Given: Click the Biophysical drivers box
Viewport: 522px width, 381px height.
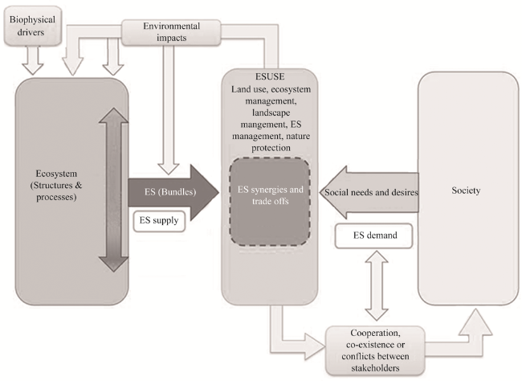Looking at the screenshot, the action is [x=33, y=26].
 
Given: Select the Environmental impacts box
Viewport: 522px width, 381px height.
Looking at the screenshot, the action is [x=171, y=32].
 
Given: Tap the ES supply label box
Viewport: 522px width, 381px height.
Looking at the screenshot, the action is [x=159, y=221].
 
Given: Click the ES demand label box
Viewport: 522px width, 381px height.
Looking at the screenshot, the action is [x=374, y=236].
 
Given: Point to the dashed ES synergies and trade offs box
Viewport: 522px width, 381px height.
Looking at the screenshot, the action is [x=270, y=202].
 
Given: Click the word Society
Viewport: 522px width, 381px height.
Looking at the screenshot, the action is [x=466, y=190].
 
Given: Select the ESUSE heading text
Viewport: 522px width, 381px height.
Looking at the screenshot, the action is [x=270, y=76].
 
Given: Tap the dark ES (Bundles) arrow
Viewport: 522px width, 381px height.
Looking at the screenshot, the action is [x=173, y=192].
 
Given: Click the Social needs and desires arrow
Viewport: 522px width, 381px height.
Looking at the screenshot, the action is [x=369, y=192].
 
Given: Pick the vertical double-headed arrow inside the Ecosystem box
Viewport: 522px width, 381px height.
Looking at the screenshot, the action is [x=113, y=190].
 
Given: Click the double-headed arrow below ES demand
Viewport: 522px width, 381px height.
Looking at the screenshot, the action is [x=377, y=285].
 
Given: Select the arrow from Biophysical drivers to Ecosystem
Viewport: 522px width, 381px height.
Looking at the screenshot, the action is [x=33, y=60].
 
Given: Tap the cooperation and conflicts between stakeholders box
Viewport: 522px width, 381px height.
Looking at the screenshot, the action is [x=375, y=350].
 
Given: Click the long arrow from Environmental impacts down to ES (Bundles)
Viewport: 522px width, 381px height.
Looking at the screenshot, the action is [x=169, y=109].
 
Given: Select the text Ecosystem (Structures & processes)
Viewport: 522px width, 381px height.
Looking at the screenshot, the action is [x=56, y=186].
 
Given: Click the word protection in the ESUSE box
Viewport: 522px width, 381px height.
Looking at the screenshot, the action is [x=271, y=148].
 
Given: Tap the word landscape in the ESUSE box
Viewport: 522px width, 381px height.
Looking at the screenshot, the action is [x=271, y=113].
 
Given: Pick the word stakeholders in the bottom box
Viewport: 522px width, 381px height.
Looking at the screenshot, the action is [x=375, y=368].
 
